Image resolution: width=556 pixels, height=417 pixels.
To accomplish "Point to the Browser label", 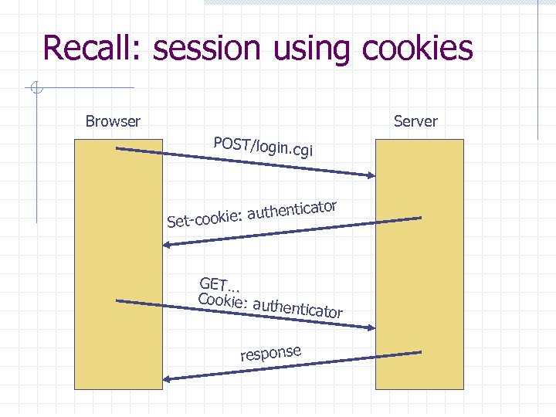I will tap(113, 121).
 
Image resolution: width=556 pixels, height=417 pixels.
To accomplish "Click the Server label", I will tap(415, 121).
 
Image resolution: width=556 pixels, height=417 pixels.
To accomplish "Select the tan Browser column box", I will tap(118, 263).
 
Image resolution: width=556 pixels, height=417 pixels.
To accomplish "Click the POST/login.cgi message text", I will tap(263, 146).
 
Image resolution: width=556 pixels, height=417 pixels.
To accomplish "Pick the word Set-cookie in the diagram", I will tap(203, 219).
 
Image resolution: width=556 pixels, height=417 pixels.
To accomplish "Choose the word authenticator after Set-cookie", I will tap(293, 209).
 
